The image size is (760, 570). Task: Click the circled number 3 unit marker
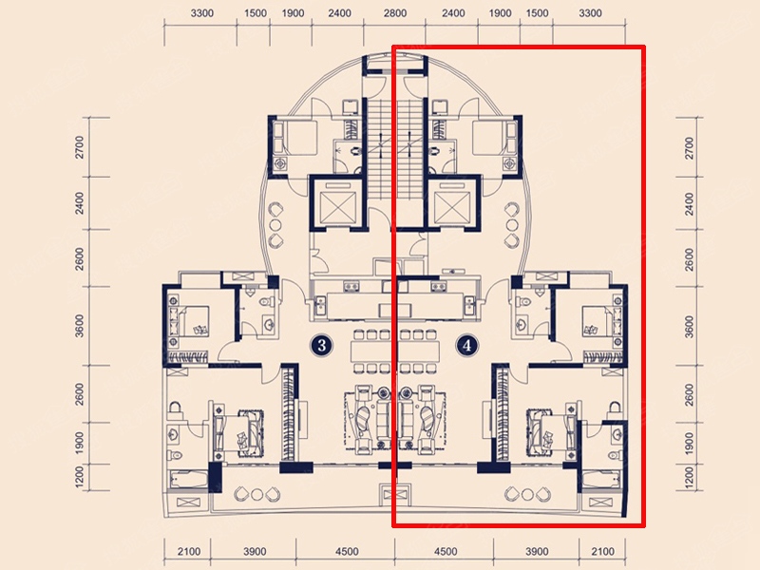[x=321, y=346]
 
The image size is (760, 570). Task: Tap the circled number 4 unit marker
[x=466, y=346]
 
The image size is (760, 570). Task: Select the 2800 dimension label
[x=394, y=13]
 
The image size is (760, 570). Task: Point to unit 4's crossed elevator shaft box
[x=452, y=203]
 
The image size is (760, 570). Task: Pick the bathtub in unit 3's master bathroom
[x=188, y=480]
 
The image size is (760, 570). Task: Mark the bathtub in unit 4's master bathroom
[x=601, y=480]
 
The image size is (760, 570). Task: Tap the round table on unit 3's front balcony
[x=256, y=494]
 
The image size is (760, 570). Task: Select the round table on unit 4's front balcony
[x=527, y=494]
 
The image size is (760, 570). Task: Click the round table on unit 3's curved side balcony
[x=275, y=225]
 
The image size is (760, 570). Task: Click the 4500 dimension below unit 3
[x=347, y=552]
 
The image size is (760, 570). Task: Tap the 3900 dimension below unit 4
[x=537, y=552]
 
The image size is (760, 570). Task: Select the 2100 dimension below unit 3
[x=188, y=552]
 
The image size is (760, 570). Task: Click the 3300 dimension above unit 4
[x=590, y=13]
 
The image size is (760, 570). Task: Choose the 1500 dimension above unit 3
[x=256, y=13]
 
